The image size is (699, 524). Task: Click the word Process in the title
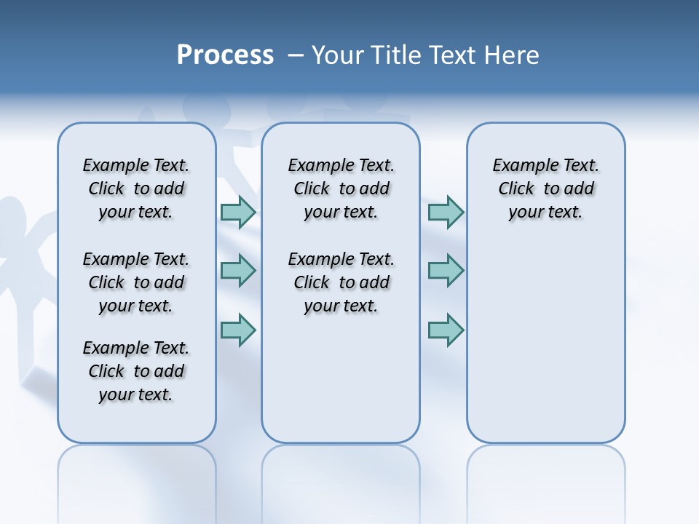(x=225, y=55)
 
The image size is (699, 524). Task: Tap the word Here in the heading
(x=512, y=55)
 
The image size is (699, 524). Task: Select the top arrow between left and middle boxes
(x=238, y=212)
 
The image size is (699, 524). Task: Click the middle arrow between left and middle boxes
(x=238, y=271)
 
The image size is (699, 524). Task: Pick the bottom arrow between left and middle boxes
(x=238, y=330)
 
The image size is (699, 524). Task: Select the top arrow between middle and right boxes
(x=446, y=212)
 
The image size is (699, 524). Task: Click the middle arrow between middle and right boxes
(x=446, y=271)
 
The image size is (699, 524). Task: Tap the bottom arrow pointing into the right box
(x=446, y=330)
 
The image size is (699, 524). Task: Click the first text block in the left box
(x=136, y=188)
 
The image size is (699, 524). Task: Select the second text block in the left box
(x=136, y=282)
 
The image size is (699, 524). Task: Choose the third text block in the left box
(x=136, y=371)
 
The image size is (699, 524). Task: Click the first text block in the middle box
(x=341, y=188)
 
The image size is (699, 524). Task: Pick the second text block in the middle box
(x=341, y=282)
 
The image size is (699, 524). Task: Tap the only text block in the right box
(x=545, y=188)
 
